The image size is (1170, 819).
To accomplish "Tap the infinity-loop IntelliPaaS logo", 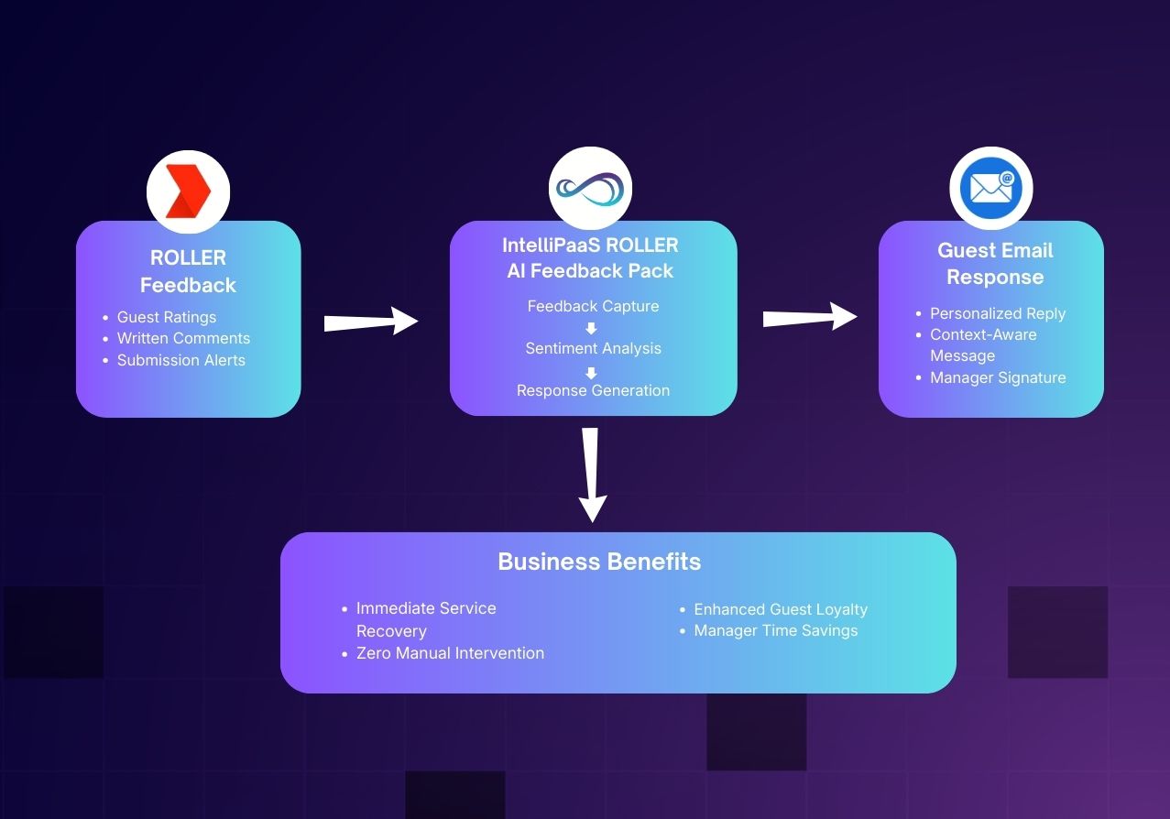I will point(590,190).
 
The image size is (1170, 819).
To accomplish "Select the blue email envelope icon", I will point(990,189).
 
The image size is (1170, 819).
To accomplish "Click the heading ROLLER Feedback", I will point(188,271).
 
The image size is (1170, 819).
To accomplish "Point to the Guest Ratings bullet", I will point(166,317).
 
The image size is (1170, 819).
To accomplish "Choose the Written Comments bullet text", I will point(183,338).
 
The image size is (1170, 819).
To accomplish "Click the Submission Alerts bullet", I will point(180,360).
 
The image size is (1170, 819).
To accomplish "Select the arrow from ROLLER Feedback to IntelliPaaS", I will point(371,322).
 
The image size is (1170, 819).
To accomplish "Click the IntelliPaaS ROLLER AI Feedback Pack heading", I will point(590,258).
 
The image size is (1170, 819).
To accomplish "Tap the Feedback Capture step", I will point(593,306).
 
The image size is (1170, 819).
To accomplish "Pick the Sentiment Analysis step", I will point(593,348).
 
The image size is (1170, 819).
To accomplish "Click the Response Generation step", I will point(593,390).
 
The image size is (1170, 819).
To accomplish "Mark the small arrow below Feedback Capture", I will point(591,328).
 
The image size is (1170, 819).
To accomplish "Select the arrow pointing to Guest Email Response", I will point(810,318).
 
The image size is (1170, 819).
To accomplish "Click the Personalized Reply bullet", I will point(998,313).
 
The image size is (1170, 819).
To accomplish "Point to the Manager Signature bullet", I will point(998,377).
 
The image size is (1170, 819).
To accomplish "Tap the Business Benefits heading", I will point(599,562).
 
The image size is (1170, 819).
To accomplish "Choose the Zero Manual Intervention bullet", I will point(450,653).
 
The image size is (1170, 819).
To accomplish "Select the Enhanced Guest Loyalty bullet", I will point(780,609).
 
